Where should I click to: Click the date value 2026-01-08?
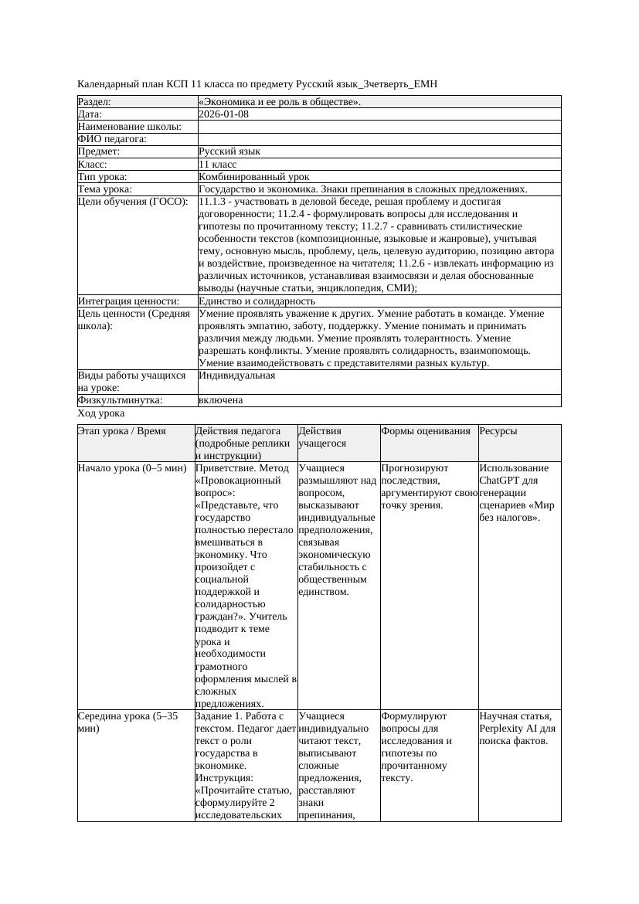coord(223,114)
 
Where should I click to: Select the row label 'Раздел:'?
coord(94,101)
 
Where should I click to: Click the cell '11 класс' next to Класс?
coord(217,164)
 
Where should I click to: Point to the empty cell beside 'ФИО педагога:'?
coord(379,139)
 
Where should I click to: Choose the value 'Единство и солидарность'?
coord(257,301)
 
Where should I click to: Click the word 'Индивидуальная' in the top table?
coord(236,376)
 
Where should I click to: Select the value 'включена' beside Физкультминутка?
coord(220,400)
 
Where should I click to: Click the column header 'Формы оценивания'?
coord(425,431)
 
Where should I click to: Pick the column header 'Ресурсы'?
coord(498,431)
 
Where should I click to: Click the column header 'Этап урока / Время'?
coord(121,431)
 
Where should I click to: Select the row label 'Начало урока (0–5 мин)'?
coord(132,468)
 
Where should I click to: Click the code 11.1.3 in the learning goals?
coord(212,201)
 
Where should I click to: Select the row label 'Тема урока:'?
coord(105,189)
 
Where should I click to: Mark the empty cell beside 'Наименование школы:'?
coord(379,127)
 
